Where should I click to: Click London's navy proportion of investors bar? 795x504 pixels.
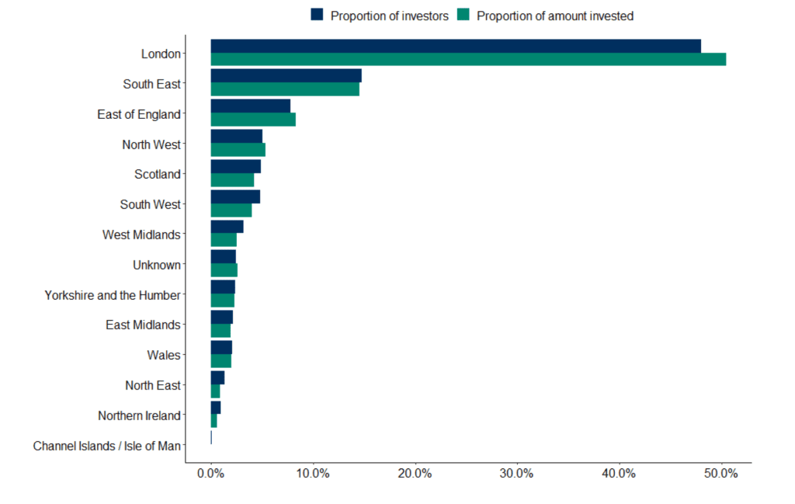click(456, 46)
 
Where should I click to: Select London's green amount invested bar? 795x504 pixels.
click(468, 59)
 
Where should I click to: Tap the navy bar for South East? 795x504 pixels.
click(286, 76)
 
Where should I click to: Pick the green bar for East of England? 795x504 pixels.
click(253, 120)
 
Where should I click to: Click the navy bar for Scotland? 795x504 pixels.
click(236, 167)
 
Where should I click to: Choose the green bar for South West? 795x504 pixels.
click(231, 210)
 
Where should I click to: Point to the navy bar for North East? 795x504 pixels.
click(217, 377)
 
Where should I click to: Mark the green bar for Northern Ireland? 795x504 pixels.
click(214, 422)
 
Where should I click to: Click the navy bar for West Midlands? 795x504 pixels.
click(227, 228)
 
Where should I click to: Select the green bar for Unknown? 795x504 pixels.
click(224, 271)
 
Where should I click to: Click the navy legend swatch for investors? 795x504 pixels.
click(317, 15)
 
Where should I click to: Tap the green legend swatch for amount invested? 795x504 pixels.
click(463, 15)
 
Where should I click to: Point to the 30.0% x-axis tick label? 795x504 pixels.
click(516, 474)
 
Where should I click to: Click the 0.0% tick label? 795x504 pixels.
click(210, 474)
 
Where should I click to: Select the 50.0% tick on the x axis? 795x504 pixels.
click(720, 474)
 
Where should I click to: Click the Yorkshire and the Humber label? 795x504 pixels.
click(112, 295)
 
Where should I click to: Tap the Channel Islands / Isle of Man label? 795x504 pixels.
click(106, 447)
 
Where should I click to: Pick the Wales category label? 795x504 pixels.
click(163, 355)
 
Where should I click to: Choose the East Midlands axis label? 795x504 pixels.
click(143, 325)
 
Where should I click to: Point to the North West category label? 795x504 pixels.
click(151, 144)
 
